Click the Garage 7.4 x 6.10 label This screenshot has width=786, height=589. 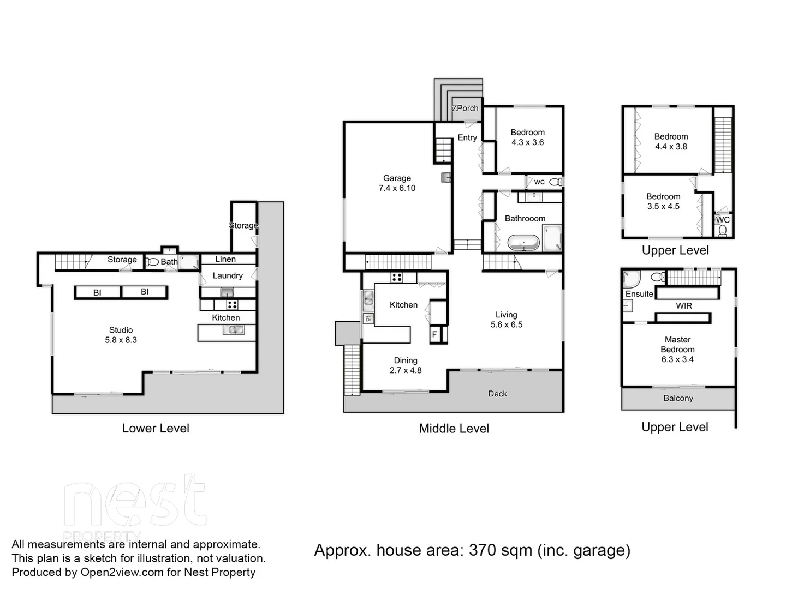point(397,183)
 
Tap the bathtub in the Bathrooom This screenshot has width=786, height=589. point(523,242)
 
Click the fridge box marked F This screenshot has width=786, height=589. point(435,334)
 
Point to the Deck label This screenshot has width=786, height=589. point(497,394)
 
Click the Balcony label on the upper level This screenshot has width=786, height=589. point(678,399)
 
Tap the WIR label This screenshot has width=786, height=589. point(684,306)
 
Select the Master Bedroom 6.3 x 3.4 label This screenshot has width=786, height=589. point(677,350)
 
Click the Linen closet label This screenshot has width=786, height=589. point(225,260)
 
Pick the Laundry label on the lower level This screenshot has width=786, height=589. point(228,276)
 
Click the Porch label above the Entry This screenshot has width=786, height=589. point(466,109)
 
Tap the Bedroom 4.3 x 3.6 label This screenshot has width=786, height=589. point(527,137)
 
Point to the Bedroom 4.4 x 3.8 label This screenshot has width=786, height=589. point(671,142)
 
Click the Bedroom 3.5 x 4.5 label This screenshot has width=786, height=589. point(663,201)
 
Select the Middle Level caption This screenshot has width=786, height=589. point(454,429)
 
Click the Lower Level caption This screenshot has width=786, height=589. point(156,429)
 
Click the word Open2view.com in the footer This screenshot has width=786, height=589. point(114,572)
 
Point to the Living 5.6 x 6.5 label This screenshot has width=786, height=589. point(506,320)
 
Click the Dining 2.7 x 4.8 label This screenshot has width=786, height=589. point(406,365)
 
